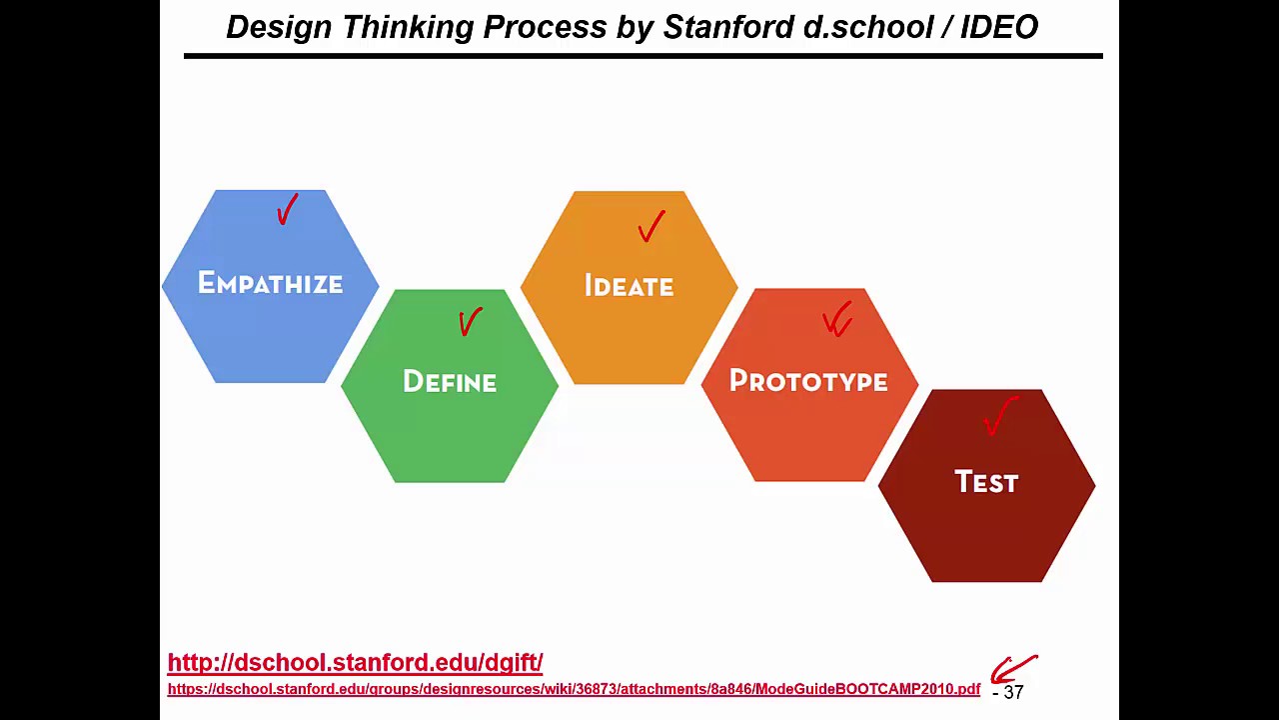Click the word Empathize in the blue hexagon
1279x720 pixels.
click(x=270, y=284)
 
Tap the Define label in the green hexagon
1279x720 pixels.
click(x=450, y=382)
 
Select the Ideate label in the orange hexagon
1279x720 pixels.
click(x=629, y=286)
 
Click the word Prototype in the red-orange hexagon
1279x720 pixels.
click(x=808, y=381)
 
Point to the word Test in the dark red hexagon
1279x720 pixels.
click(x=986, y=482)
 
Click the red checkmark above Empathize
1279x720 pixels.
click(x=287, y=210)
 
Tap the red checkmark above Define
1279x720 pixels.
click(x=470, y=321)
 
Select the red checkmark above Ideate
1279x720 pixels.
click(x=650, y=227)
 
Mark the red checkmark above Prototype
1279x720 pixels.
click(x=837, y=320)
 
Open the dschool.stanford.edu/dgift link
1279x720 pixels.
click(x=355, y=662)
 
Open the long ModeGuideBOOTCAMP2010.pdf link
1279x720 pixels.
click(x=574, y=689)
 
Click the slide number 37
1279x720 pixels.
click(x=1013, y=692)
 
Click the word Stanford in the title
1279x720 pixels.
click(x=728, y=27)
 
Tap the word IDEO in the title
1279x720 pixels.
click(x=998, y=27)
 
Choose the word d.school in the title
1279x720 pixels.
click(x=867, y=27)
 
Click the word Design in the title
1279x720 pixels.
click(x=280, y=27)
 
